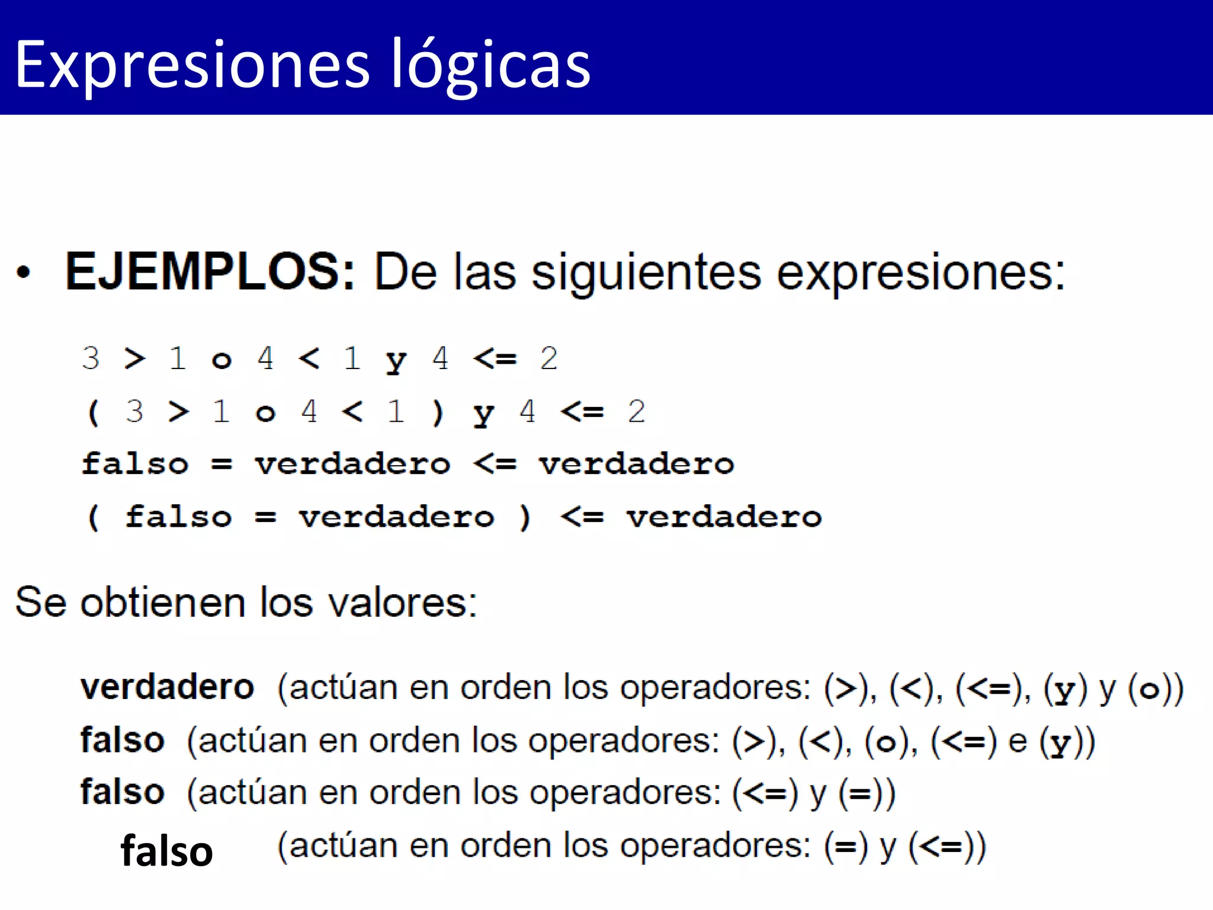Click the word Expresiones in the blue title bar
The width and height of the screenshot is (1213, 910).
click(192, 64)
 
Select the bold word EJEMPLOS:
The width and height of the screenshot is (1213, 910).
click(210, 271)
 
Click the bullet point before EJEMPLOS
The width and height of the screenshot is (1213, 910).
click(23, 273)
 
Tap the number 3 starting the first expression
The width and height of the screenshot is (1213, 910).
click(91, 358)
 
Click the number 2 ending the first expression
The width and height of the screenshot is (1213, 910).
click(548, 358)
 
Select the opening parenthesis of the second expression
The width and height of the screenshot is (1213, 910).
click(93, 412)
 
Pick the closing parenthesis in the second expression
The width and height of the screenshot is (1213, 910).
click(438, 412)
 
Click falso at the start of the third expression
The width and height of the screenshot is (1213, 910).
click(135, 463)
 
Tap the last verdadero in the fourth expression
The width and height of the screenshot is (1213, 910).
click(724, 517)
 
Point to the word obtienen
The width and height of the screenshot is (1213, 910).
click(163, 603)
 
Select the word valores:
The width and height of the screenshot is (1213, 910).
click(403, 603)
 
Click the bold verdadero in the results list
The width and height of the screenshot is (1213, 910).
click(168, 687)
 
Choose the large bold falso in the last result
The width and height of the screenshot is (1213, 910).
click(166, 851)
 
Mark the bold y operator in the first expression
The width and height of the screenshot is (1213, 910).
click(396, 360)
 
